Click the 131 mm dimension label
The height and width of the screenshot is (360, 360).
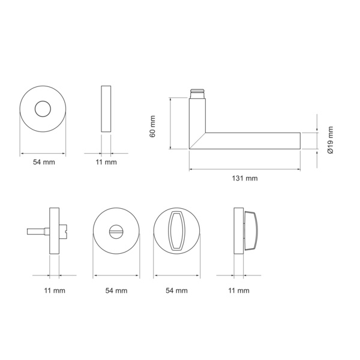(245, 178)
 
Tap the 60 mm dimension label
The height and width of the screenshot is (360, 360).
(152, 127)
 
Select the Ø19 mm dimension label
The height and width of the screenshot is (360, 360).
(331, 140)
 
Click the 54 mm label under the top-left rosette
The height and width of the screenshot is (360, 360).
(44, 162)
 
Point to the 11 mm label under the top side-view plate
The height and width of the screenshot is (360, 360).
(106, 162)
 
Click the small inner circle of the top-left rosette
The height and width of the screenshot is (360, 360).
(43, 109)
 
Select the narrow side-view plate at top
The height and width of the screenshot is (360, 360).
(106, 109)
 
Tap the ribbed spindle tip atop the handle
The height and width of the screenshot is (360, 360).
(197, 94)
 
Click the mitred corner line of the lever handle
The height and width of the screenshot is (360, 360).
(197, 141)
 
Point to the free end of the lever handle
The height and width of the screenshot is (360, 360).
(300, 141)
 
